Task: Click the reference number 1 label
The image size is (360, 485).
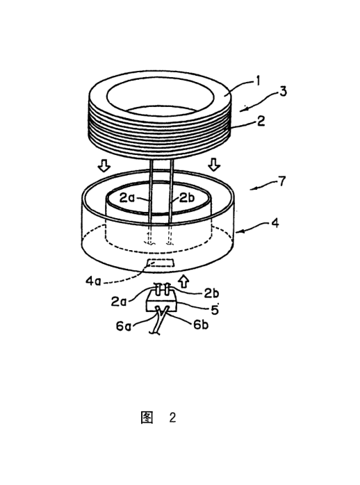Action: click(257, 81)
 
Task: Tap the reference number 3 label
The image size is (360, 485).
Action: click(283, 91)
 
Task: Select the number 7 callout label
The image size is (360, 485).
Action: click(281, 181)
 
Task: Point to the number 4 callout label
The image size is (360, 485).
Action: click(275, 223)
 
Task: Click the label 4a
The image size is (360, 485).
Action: click(93, 281)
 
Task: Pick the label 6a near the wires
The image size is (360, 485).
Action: click(123, 326)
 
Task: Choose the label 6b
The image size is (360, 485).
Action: click(201, 324)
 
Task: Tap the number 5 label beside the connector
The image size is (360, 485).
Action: click(215, 309)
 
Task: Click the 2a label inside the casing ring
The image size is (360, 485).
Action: click(127, 197)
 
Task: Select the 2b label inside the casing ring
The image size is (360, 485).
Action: click(187, 197)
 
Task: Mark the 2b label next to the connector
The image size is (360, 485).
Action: click(211, 293)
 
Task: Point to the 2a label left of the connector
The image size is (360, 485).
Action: click(119, 301)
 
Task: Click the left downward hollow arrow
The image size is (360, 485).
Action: click(104, 166)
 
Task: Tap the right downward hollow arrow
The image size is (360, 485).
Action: click(214, 165)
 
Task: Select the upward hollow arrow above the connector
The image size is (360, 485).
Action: click(184, 281)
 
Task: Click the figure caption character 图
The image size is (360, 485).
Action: click(147, 418)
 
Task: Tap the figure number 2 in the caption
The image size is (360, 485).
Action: click(172, 418)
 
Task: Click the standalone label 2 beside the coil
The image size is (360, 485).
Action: click(261, 121)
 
